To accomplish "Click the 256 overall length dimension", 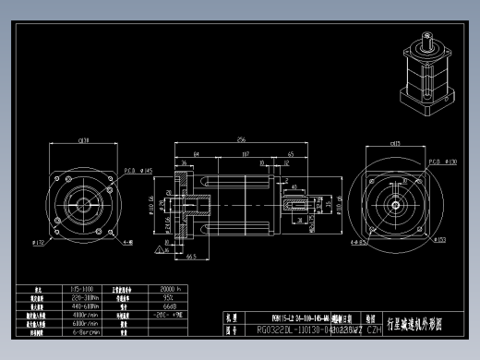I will (241, 139).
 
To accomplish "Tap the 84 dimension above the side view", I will (197, 153).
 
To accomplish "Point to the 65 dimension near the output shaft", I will (291, 153).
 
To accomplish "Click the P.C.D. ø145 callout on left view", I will (130, 171).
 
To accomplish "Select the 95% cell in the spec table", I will (169, 298).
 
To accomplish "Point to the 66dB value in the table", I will (170, 306).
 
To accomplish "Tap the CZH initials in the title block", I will (374, 329).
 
